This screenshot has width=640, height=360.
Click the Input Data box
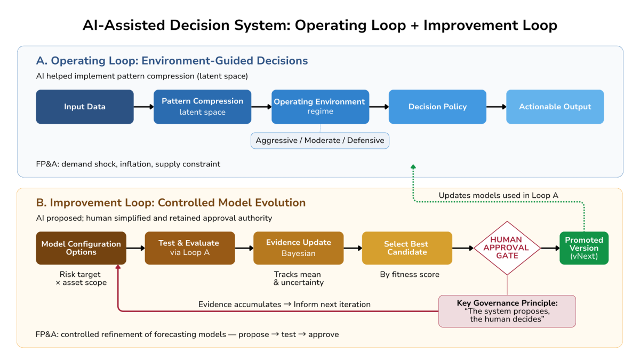point(85,107)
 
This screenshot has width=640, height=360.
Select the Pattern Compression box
point(202,107)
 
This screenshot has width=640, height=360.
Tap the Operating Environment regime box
point(321,107)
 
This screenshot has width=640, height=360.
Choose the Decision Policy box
point(437,107)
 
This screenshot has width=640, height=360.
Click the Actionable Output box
point(555,107)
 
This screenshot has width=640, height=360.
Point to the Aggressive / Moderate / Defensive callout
point(320,141)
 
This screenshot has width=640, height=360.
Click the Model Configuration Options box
point(81,248)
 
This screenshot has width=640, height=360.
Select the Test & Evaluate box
point(190,248)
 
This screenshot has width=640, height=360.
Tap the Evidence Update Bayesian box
point(299,248)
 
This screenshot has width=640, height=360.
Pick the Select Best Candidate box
point(407,248)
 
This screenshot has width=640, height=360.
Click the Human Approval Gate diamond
point(507,248)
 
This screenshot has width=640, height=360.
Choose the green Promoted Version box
point(584,248)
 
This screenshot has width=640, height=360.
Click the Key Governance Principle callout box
point(507,311)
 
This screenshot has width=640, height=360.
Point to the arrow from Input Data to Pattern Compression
point(143,107)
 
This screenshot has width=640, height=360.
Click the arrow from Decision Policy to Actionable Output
point(497,107)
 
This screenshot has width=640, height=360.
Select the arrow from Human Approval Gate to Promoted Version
point(550,248)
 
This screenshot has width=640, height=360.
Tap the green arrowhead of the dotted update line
point(413,166)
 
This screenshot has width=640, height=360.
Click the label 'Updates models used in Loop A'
point(498,195)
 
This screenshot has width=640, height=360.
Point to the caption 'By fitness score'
point(410,275)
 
